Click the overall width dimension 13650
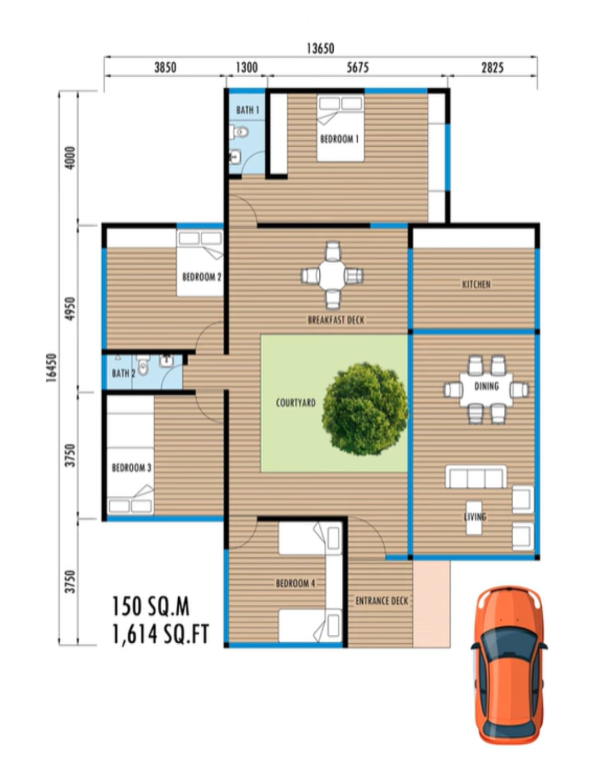(320, 48)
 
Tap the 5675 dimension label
(358, 67)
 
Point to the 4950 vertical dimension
(70, 309)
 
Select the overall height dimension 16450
(51, 368)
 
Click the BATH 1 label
(247, 110)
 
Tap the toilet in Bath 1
(239, 132)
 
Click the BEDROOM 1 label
(340, 139)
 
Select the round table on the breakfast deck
(332, 276)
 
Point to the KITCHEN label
(477, 285)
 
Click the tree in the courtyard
(365, 409)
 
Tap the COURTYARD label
(296, 403)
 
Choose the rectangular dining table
(486, 390)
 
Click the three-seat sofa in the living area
(476, 477)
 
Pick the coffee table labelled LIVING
(474, 518)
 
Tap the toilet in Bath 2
(143, 365)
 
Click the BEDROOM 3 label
(132, 468)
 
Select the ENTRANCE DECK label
(382, 601)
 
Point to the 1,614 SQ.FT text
(161, 634)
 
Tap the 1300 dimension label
(247, 67)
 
